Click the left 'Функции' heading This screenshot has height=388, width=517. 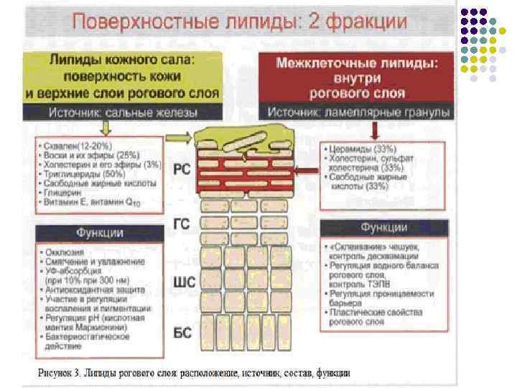tap(100, 233)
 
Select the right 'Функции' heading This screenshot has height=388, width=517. tap(383, 228)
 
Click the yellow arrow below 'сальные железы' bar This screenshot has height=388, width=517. tap(106, 127)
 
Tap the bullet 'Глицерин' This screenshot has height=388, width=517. tap(65, 193)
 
